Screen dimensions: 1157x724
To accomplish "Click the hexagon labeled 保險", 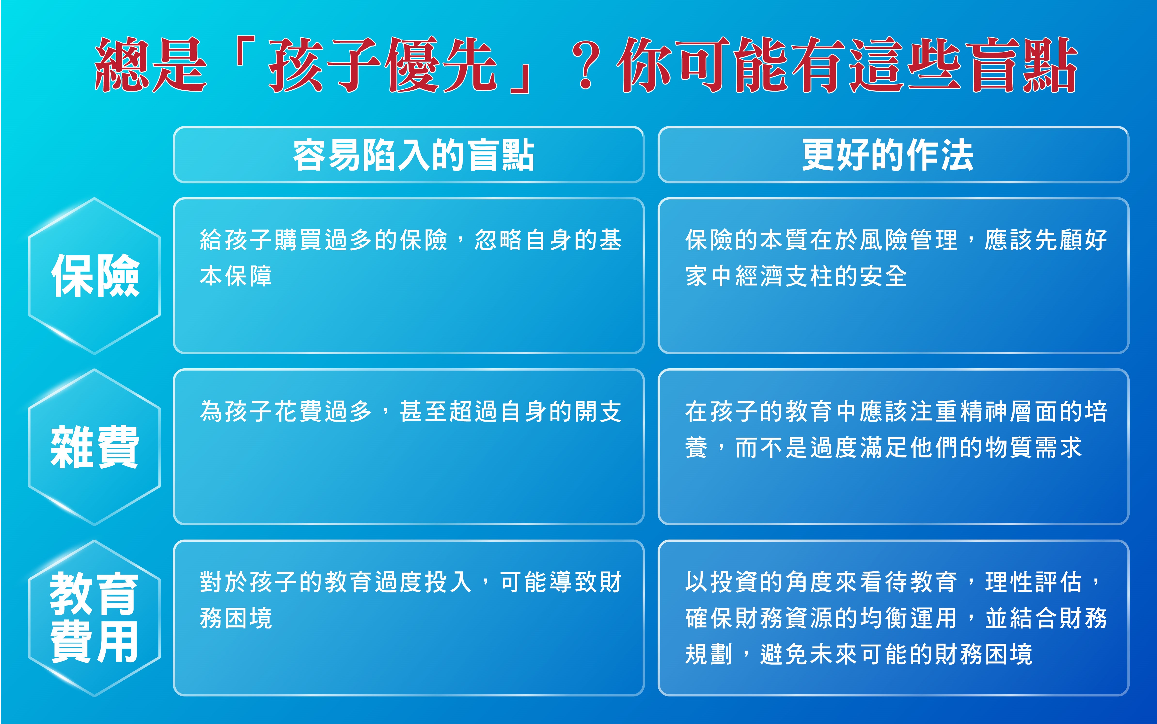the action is pyautogui.click(x=94, y=276).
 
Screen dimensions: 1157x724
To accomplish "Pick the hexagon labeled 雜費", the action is pyautogui.click(x=94, y=447).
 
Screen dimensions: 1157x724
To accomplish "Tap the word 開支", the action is pyautogui.click(x=598, y=411).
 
